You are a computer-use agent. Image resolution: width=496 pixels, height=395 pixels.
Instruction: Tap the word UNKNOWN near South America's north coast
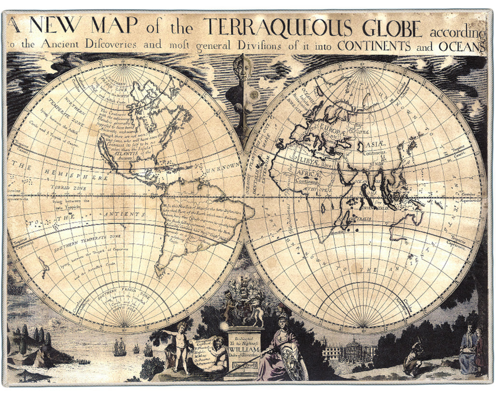223,167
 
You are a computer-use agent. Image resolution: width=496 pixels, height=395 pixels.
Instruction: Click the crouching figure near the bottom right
413,358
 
